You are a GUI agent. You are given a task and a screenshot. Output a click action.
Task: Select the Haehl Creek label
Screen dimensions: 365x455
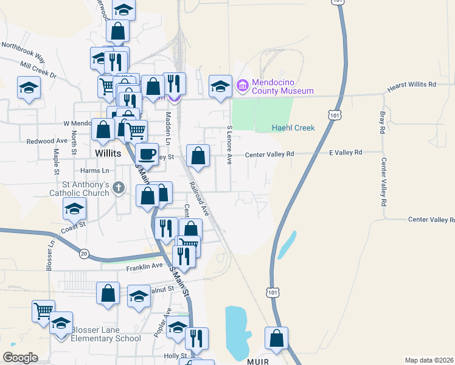coord(293,128)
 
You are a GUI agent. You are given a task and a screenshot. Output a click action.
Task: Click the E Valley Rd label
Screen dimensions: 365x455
coord(346,152)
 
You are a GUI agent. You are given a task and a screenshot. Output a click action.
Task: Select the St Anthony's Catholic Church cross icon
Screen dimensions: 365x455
coord(119,189)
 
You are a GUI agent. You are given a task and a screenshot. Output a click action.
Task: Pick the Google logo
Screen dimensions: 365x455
coord(20,358)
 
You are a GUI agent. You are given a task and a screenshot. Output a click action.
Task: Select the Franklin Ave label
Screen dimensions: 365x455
coord(145,267)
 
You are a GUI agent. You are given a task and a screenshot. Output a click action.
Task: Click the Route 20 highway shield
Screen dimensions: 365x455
coord(83,252)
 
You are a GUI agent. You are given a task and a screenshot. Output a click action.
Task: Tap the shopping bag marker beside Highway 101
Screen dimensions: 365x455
coord(277,338)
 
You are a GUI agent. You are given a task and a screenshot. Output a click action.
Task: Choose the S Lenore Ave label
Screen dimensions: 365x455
coord(229,145)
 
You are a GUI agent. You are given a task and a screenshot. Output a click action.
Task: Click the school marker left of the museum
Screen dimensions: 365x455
coord(220,86)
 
